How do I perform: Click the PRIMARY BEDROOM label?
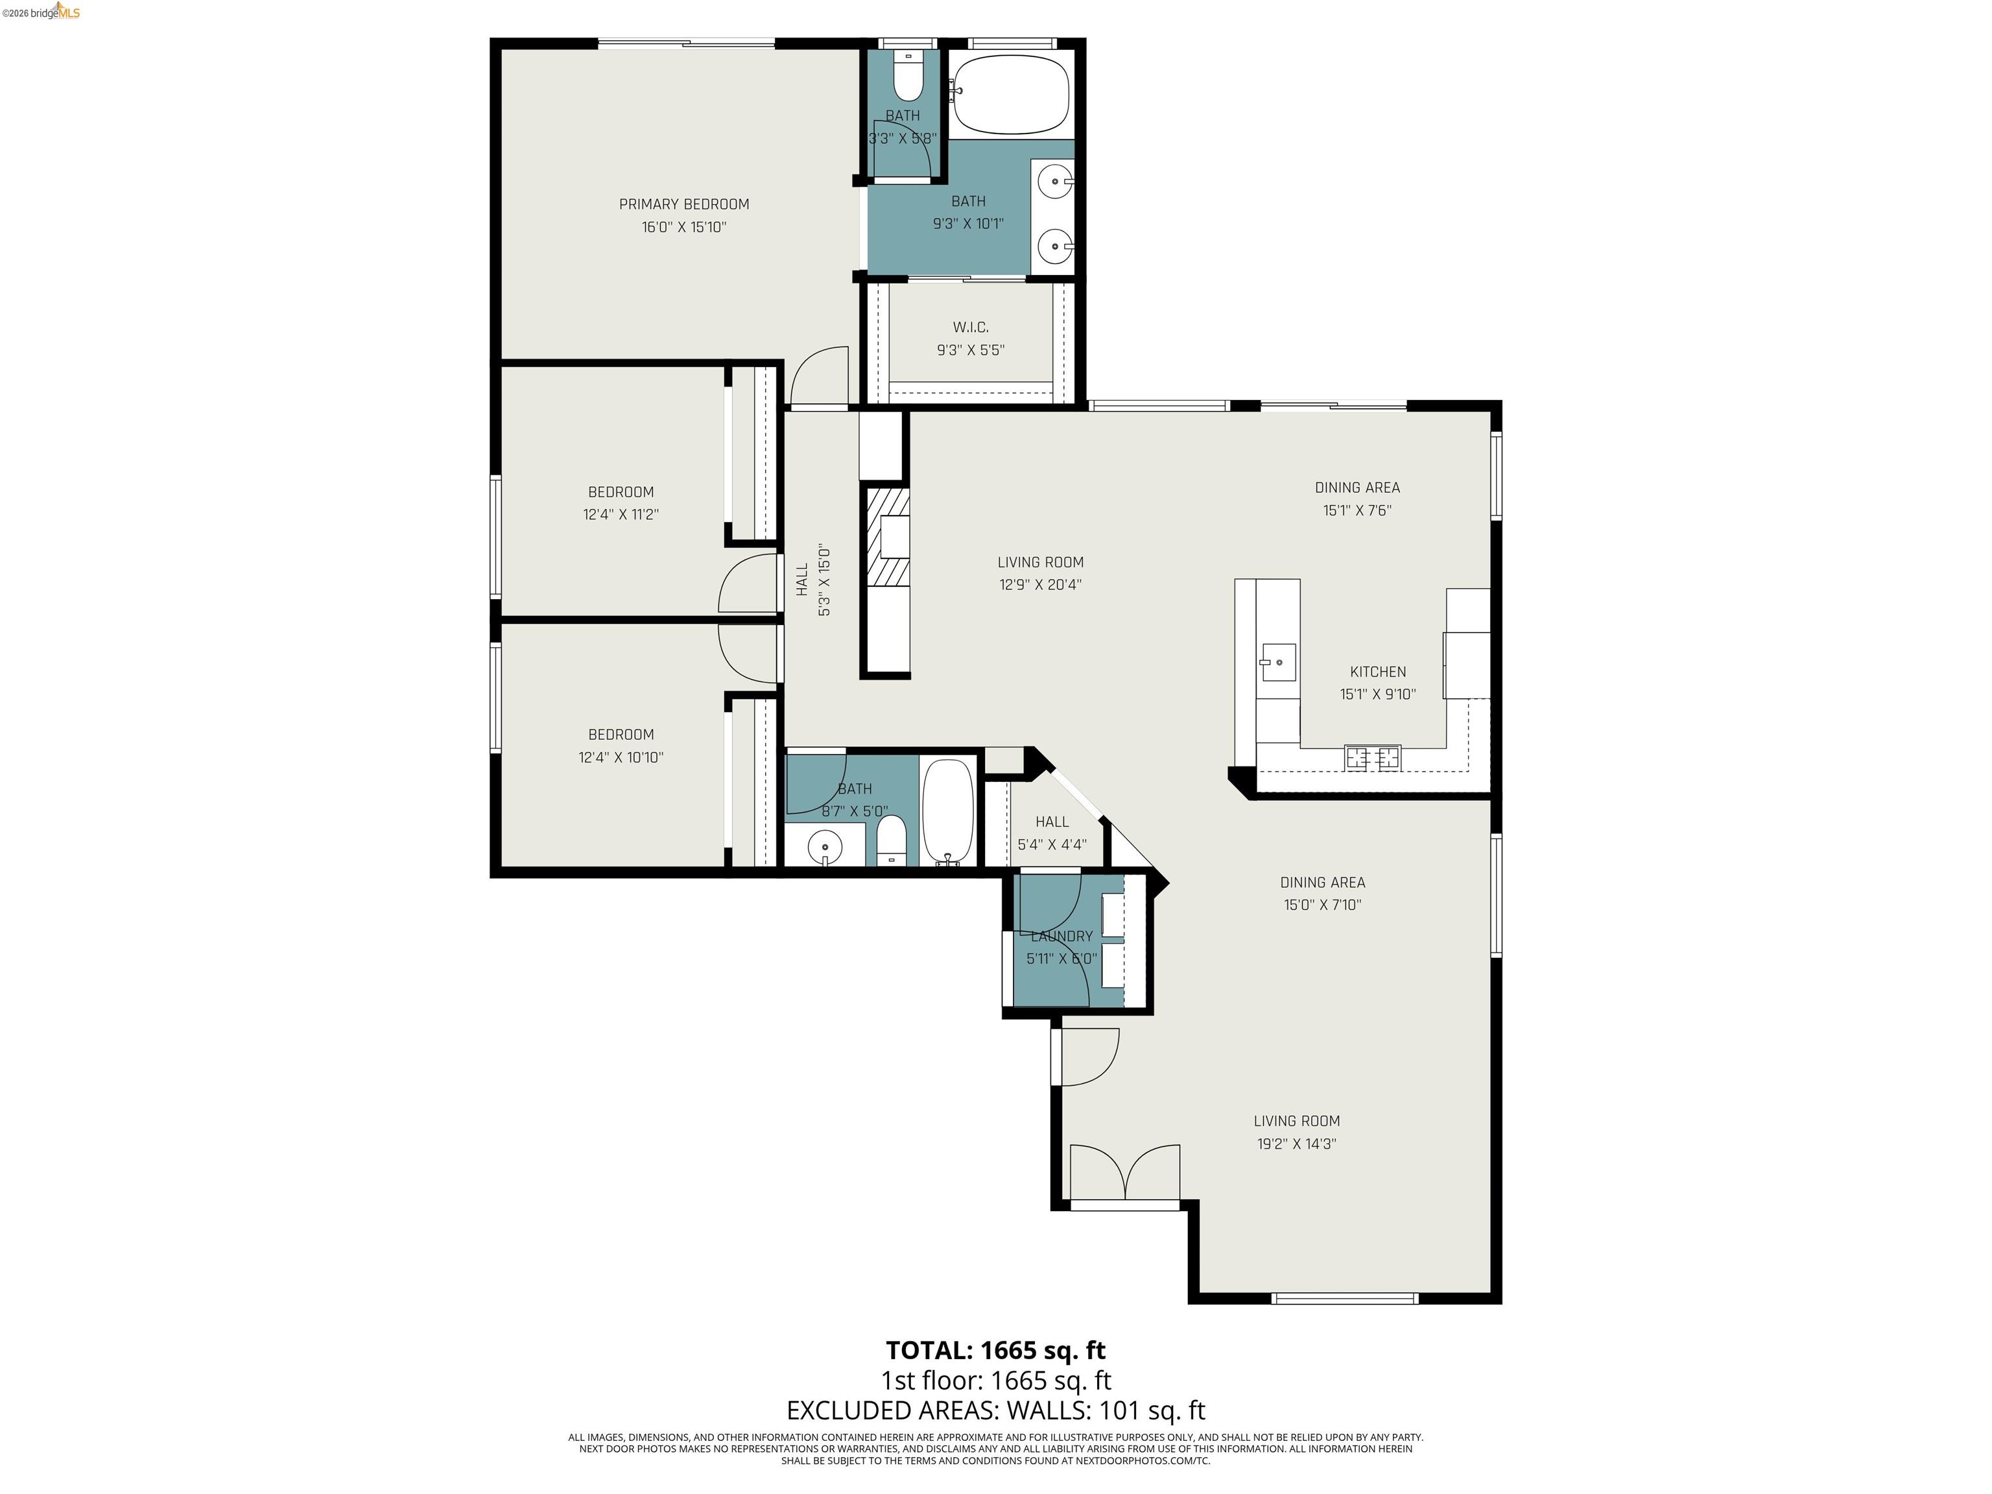683,204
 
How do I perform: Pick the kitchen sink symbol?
1277,662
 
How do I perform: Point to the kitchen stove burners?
1373,757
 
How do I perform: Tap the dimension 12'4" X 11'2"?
621,515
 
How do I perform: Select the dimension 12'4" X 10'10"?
621,757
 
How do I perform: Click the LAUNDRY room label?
1061,936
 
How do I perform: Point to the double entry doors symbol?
1125,1172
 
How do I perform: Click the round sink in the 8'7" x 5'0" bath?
825,846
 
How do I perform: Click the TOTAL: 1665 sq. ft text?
995,1350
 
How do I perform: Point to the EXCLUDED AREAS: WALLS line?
995,1410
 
